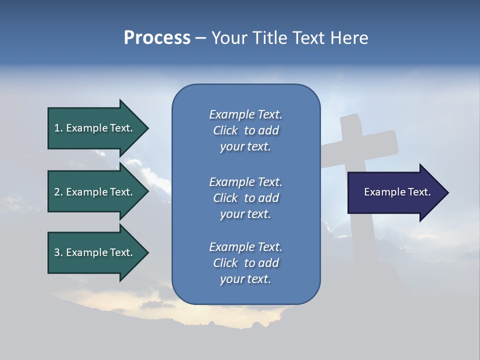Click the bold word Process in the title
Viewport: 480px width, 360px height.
[157, 38]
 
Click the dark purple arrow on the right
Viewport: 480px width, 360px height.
[395, 192]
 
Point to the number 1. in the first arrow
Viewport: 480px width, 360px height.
[58, 128]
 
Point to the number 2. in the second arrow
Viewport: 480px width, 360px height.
[58, 192]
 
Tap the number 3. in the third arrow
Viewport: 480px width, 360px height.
[58, 252]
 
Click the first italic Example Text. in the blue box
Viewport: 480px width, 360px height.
[245, 114]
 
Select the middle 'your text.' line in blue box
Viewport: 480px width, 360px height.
[245, 214]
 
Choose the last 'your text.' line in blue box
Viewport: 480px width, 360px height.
[245, 279]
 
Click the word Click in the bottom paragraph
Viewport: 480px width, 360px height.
[225, 263]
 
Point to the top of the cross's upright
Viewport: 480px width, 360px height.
[350, 120]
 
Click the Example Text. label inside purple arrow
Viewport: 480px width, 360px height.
[397, 192]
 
